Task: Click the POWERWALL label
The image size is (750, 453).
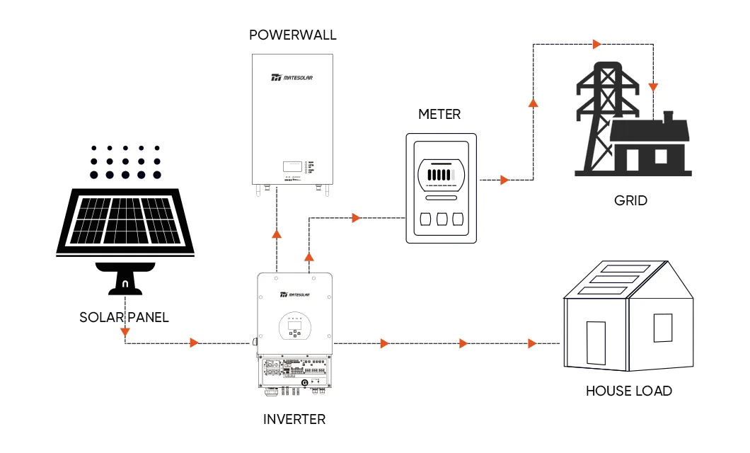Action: (x=293, y=35)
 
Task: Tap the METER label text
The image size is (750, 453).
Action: (x=439, y=114)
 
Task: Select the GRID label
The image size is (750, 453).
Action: (x=630, y=200)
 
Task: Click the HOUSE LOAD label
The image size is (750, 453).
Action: (x=629, y=391)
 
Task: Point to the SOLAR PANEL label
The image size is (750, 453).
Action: (x=125, y=317)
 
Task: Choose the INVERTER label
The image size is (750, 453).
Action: (x=294, y=419)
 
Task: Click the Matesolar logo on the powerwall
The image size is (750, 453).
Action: (x=292, y=78)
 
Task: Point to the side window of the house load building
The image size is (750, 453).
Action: (x=662, y=328)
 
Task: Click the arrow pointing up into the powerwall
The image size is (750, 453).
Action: (x=277, y=233)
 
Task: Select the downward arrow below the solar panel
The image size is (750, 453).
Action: (x=125, y=332)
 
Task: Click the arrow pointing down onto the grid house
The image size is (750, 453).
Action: (x=654, y=88)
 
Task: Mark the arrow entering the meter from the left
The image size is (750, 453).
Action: (x=355, y=217)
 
